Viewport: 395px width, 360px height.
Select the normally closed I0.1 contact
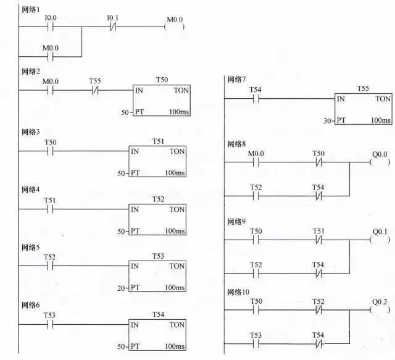[112, 28]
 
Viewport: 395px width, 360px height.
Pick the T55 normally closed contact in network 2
[95, 90]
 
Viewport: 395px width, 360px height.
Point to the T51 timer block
[157, 161]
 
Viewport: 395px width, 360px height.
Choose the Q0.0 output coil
[378, 162]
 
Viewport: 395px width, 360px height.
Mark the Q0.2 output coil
[378, 309]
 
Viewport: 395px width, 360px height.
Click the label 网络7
[237, 80]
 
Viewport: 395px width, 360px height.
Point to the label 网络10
[239, 291]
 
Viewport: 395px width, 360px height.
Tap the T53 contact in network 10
[256, 342]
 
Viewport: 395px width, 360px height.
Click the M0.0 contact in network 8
[256, 162]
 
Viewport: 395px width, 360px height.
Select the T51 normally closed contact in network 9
[318, 240]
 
